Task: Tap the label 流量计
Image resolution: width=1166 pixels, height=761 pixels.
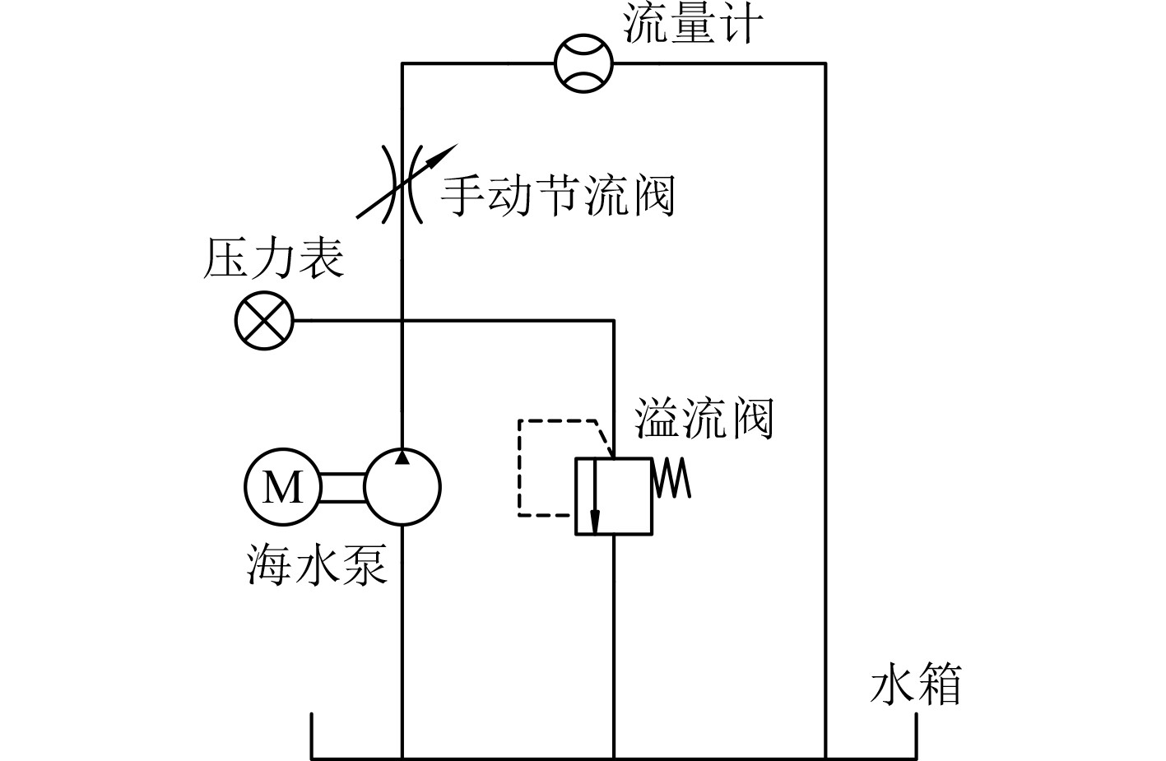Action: (x=692, y=24)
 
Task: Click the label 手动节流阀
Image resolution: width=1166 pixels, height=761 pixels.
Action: (x=558, y=197)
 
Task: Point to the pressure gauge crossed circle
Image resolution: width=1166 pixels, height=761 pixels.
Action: (x=263, y=320)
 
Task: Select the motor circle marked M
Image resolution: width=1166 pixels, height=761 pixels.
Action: (x=282, y=487)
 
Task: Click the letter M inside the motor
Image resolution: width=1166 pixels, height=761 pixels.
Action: (x=282, y=487)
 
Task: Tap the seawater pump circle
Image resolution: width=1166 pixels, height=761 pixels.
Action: (x=402, y=487)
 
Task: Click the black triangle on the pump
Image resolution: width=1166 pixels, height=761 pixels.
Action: (x=402, y=457)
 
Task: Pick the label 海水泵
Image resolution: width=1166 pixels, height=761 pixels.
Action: (x=317, y=564)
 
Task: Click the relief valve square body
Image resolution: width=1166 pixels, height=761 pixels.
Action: (x=614, y=496)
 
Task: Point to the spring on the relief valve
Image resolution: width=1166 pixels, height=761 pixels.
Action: (x=671, y=479)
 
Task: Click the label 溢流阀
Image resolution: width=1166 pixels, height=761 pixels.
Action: (x=704, y=419)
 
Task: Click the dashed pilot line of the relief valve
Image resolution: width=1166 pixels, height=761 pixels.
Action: (x=519, y=469)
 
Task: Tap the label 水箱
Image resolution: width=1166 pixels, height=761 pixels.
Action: (x=915, y=684)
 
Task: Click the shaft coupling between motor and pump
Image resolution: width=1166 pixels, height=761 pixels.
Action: (x=341, y=487)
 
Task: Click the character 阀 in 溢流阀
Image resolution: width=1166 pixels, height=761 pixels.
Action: (x=751, y=419)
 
